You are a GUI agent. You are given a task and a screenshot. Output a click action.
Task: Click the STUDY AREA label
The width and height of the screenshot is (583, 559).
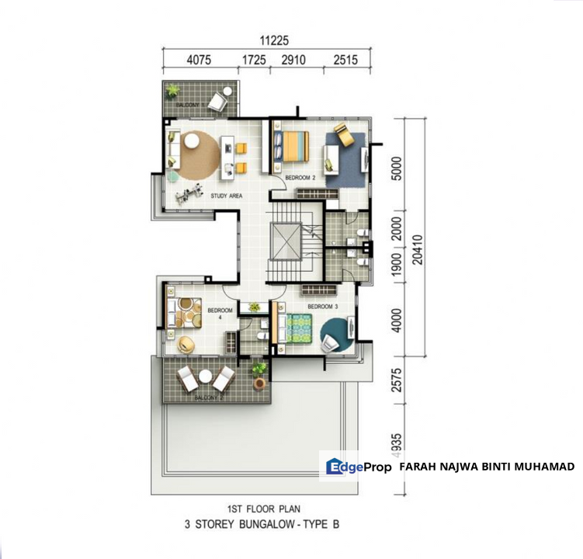(x=227, y=196)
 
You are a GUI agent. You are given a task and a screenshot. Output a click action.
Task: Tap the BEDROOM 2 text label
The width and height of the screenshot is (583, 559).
(x=300, y=178)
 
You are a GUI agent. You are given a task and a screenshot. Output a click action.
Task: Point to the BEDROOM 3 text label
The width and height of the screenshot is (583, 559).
(x=322, y=307)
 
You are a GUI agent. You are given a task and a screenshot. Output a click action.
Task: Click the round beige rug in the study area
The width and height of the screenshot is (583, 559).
(x=198, y=152)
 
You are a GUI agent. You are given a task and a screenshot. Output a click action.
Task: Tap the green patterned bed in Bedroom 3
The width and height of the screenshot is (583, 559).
(x=300, y=328)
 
